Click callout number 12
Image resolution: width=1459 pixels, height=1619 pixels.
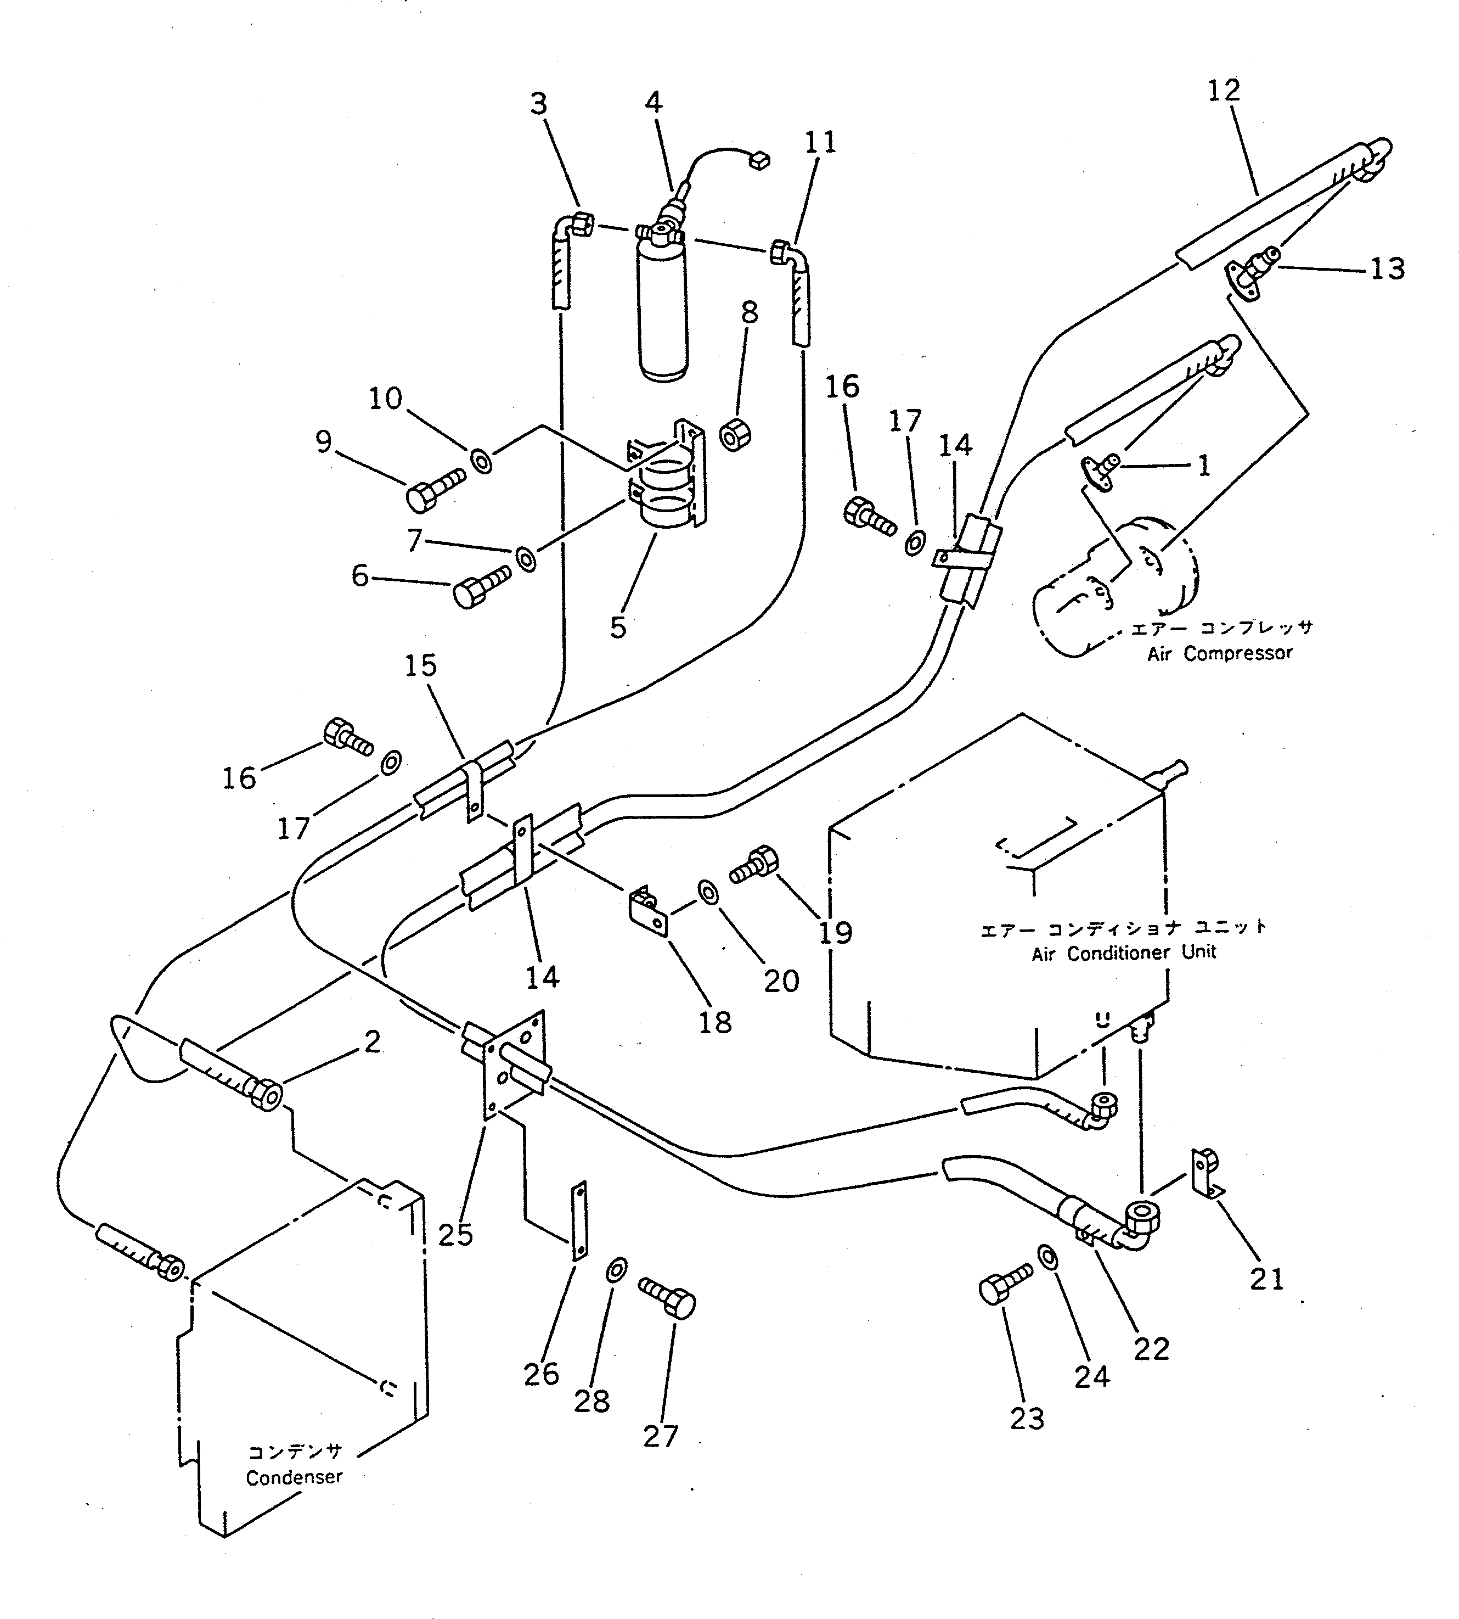pos(1223,90)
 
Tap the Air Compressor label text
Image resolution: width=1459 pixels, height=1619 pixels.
pos(1219,653)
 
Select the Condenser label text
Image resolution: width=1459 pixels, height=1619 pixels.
pos(294,1477)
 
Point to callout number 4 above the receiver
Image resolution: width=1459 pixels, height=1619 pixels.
pos(654,103)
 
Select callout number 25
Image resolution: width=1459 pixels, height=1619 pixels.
pos(455,1234)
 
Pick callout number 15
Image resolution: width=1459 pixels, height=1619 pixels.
pos(421,665)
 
